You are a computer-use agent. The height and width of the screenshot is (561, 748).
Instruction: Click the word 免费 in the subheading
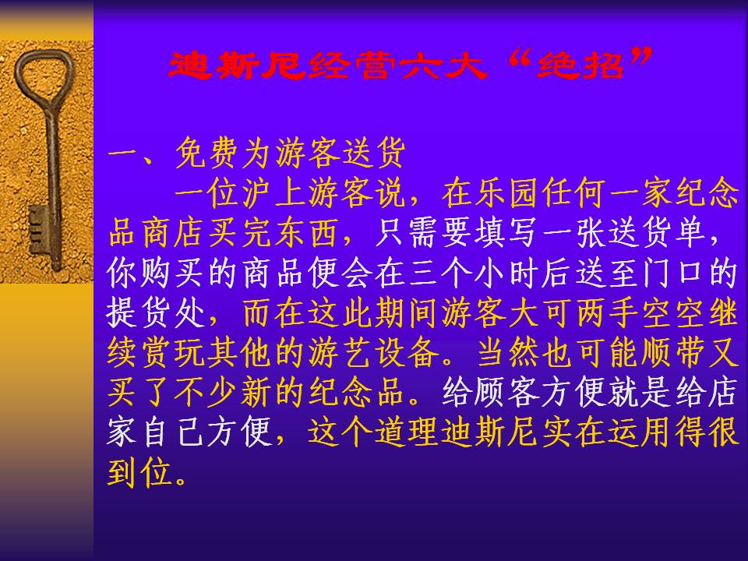tap(208, 153)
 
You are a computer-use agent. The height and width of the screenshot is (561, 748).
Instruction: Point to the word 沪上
tap(275, 193)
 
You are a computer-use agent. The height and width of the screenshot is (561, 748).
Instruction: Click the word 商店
tap(175, 233)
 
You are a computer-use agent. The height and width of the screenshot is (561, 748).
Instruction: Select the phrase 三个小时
tap(475, 273)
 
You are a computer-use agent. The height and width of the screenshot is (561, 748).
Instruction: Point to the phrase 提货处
tap(157, 313)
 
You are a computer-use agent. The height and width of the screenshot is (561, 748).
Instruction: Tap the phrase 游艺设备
tap(374, 353)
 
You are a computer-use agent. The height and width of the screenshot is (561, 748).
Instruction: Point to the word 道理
tap(408, 432)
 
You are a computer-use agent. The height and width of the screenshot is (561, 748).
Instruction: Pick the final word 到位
tap(140, 473)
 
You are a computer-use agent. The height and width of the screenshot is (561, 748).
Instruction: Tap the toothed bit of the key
tap(37, 229)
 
